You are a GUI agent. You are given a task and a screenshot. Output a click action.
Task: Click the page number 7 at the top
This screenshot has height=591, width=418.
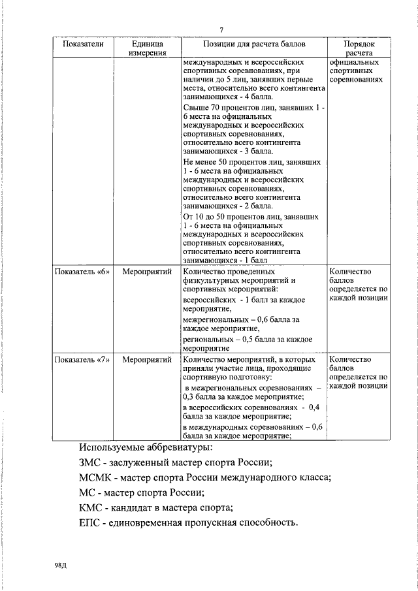click(x=222, y=31)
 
